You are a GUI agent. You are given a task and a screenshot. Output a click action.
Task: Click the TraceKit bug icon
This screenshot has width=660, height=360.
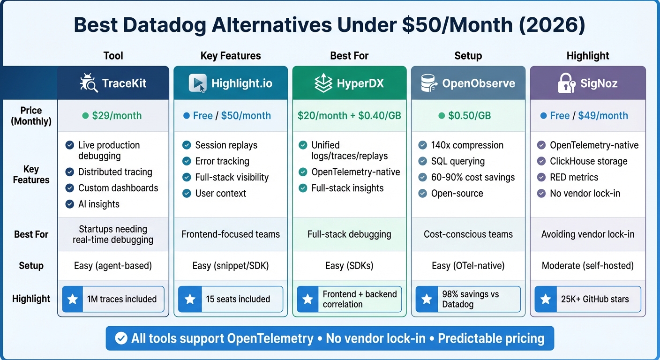coord(88,83)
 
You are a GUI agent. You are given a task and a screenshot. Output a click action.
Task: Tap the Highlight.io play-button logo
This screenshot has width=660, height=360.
coord(197,83)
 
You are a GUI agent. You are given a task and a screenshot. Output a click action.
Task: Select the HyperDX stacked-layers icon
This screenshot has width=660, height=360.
coord(323,83)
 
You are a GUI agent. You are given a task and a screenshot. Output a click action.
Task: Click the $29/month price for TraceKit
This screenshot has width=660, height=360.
coord(117,116)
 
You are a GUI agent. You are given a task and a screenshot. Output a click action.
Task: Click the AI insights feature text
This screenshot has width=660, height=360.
coord(98,204)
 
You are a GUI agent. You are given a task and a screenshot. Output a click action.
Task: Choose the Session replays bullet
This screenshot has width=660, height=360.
coord(226,145)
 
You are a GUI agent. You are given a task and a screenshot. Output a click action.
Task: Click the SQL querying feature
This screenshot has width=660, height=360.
coord(457,161)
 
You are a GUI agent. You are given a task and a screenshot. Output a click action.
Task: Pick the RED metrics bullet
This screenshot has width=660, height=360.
coord(574,177)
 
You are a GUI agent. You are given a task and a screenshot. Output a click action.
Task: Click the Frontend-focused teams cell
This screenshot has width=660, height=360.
coord(231,234)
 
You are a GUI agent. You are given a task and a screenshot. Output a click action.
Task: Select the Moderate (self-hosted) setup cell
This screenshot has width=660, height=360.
coord(588,266)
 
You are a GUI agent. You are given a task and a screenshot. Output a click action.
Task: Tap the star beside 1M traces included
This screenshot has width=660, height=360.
coord(73,299)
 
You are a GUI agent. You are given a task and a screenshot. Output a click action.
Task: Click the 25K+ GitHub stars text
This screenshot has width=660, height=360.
coord(595,299)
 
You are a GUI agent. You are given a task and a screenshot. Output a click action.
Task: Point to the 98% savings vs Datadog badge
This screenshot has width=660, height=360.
coord(468,299)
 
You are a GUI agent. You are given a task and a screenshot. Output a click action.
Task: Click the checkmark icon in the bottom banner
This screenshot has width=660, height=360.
coord(121,338)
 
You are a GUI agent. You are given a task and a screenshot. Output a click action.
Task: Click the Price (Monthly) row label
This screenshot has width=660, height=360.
coord(31,116)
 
